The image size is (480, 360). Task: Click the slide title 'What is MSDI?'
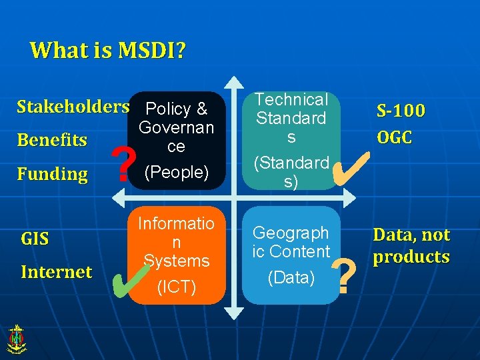point(108,50)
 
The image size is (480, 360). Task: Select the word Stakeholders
point(73,107)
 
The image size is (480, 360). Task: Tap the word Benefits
point(52,140)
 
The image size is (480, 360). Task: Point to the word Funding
point(52,174)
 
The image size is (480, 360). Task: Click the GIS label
point(35,239)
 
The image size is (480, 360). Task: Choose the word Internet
point(56,272)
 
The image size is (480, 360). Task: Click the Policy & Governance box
point(176,140)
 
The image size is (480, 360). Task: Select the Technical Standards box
point(291,140)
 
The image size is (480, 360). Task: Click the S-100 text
point(401,111)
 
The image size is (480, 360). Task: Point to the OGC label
point(394,137)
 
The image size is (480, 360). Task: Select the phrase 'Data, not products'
point(411,245)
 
